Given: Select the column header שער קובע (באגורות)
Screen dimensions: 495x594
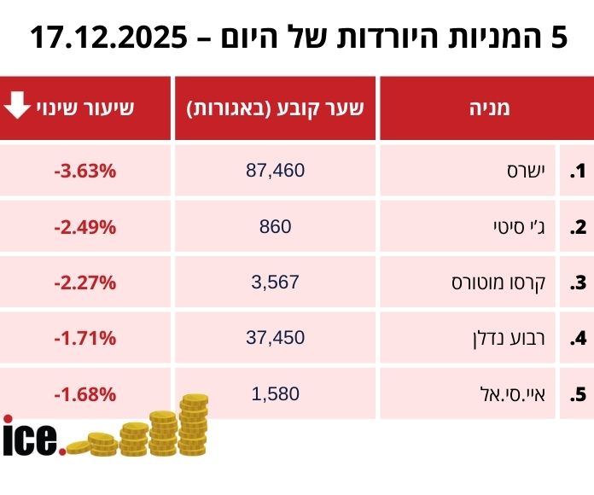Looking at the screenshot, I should click(x=275, y=108).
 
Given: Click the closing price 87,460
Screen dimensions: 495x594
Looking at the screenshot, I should click(x=275, y=171).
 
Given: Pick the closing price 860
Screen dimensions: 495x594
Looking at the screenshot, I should click(x=275, y=227).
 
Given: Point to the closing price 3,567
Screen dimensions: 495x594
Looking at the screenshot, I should click(x=275, y=282).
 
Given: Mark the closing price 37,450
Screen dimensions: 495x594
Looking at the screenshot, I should click(x=275, y=338).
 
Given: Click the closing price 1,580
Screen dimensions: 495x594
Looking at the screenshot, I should click(x=275, y=394).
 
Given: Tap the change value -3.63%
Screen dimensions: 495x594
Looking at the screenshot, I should click(x=84, y=171).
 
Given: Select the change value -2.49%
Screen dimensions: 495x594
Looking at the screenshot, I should click(x=84, y=227).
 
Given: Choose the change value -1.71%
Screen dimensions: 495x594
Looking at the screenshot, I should click(x=84, y=338).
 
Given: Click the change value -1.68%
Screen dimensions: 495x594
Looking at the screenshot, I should click(x=84, y=394).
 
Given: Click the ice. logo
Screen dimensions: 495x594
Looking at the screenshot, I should click(x=32, y=438).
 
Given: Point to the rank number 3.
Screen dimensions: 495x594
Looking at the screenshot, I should click(x=579, y=282).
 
